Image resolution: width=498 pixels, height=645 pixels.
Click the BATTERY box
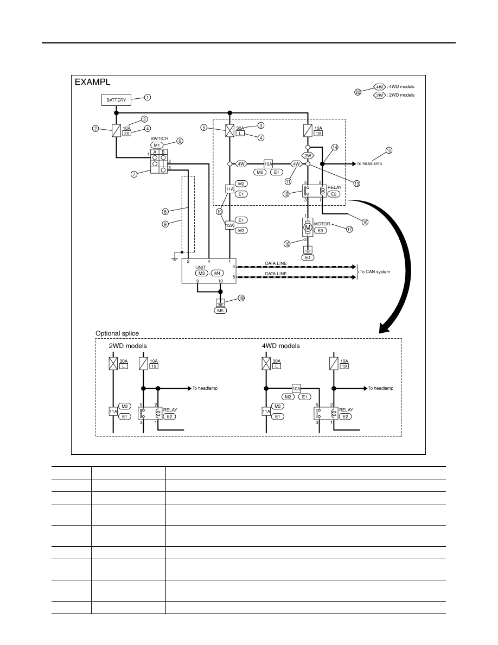pyautogui.click(x=116, y=100)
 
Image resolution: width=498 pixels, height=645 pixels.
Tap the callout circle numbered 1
pyautogui.click(x=148, y=98)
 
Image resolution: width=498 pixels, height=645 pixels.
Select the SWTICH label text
pyautogui.click(x=159, y=138)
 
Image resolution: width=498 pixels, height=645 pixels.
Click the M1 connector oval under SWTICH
pyautogui.click(x=157, y=145)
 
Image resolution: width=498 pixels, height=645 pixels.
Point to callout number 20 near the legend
pyautogui.click(x=358, y=92)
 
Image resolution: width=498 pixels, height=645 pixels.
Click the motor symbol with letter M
pyautogui.click(x=308, y=227)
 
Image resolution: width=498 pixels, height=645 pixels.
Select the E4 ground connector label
pyautogui.click(x=308, y=257)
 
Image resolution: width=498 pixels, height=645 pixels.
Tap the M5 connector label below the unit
pyautogui.click(x=220, y=311)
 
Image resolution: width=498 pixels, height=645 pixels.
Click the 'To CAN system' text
pyautogui.click(x=375, y=271)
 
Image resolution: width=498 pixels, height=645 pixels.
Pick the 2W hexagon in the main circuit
pyautogui.click(x=308, y=155)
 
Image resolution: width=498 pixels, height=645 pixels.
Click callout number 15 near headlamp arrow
pyautogui.click(x=389, y=150)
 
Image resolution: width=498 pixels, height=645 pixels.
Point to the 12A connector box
pyautogui.click(x=229, y=225)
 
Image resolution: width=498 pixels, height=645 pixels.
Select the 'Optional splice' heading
pyautogui.click(x=117, y=333)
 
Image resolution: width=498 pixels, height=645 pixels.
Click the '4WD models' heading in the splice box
pyautogui.click(x=280, y=346)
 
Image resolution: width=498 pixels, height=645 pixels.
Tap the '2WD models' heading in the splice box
pyautogui.click(x=128, y=346)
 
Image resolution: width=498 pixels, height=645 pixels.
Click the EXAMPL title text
pyautogui.click(x=92, y=82)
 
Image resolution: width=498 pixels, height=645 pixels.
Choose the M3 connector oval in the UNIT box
pyautogui.click(x=201, y=273)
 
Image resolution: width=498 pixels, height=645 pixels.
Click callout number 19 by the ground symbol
pyautogui.click(x=241, y=298)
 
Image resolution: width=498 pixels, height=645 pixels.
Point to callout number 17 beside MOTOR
pyautogui.click(x=349, y=229)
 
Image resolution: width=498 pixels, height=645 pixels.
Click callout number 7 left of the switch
pyautogui.click(x=134, y=174)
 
